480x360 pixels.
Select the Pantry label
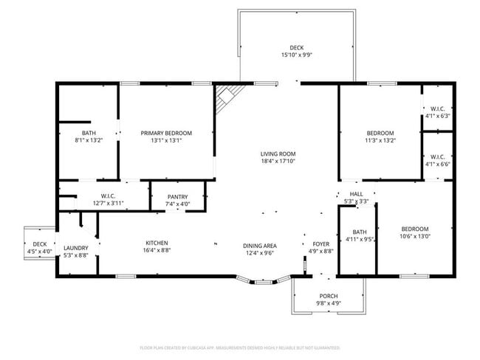point(177,196)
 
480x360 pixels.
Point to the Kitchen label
point(156,243)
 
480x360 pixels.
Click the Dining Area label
point(259,245)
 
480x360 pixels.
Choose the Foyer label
point(320,243)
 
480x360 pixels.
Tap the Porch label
point(329,296)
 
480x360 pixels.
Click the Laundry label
point(76,248)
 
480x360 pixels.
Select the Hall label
point(357,194)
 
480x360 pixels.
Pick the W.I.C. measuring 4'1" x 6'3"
point(437,112)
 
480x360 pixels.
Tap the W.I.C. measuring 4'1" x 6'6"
point(437,160)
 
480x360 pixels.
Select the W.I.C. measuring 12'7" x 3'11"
point(108,199)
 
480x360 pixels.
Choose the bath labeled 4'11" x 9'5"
point(360,235)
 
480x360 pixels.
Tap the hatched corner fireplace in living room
point(226,97)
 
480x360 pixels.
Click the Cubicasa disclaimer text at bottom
point(239,347)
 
